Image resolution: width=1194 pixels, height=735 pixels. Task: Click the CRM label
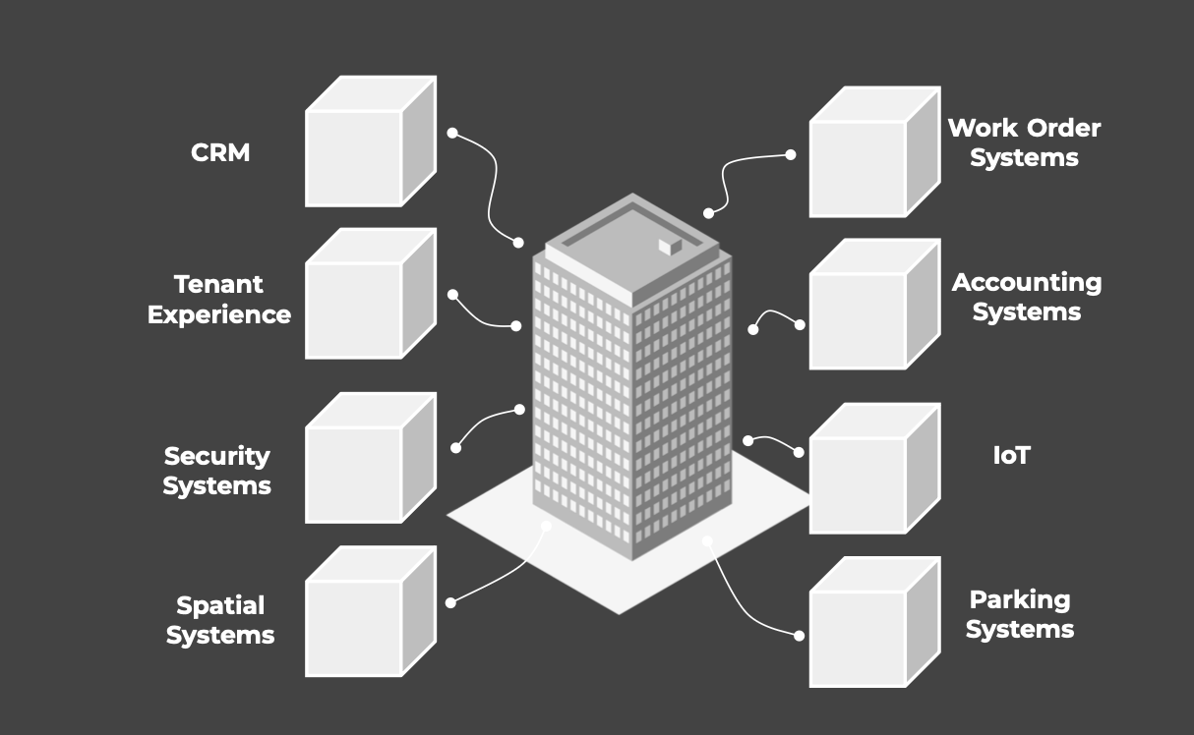coord(220,153)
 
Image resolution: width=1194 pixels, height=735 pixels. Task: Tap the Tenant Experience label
coord(219,300)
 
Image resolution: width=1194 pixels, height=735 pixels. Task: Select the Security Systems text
coord(216,471)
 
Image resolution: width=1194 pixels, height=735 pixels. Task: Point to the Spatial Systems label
coord(220,620)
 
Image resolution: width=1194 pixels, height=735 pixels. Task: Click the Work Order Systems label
coord(1024,142)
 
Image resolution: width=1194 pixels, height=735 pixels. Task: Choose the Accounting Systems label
coord(1027,297)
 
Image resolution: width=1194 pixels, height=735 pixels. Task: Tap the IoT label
coord(1012,455)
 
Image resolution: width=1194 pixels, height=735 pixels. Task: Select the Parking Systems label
coord(1020,614)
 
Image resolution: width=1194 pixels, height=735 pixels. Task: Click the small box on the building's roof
coord(670,247)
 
